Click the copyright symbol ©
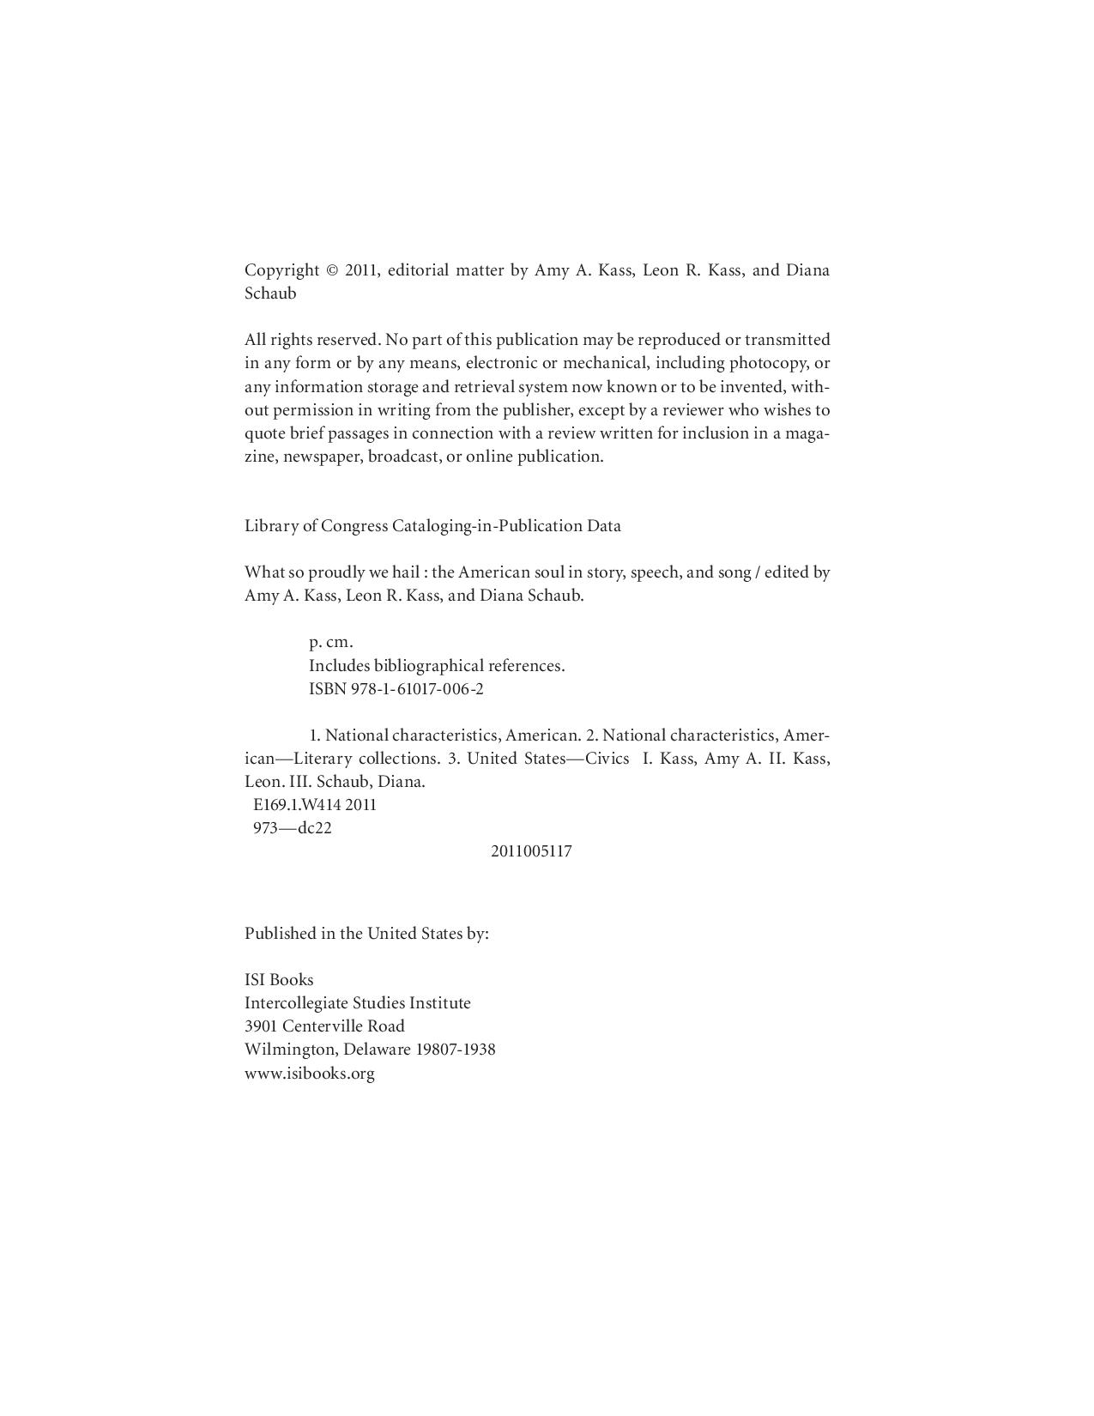pyautogui.click(x=332, y=270)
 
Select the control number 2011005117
pyautogui.click(x=531, y=852)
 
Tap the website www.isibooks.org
pyautogui.click(x=310, y=1074)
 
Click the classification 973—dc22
pyautogui.click(x=293, y=828)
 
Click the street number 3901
pyautogui.click(x=261, y=1026)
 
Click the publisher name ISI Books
pyautogui.click(x=279, y=980)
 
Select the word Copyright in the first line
pyautogui.click(x=281, y=270)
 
